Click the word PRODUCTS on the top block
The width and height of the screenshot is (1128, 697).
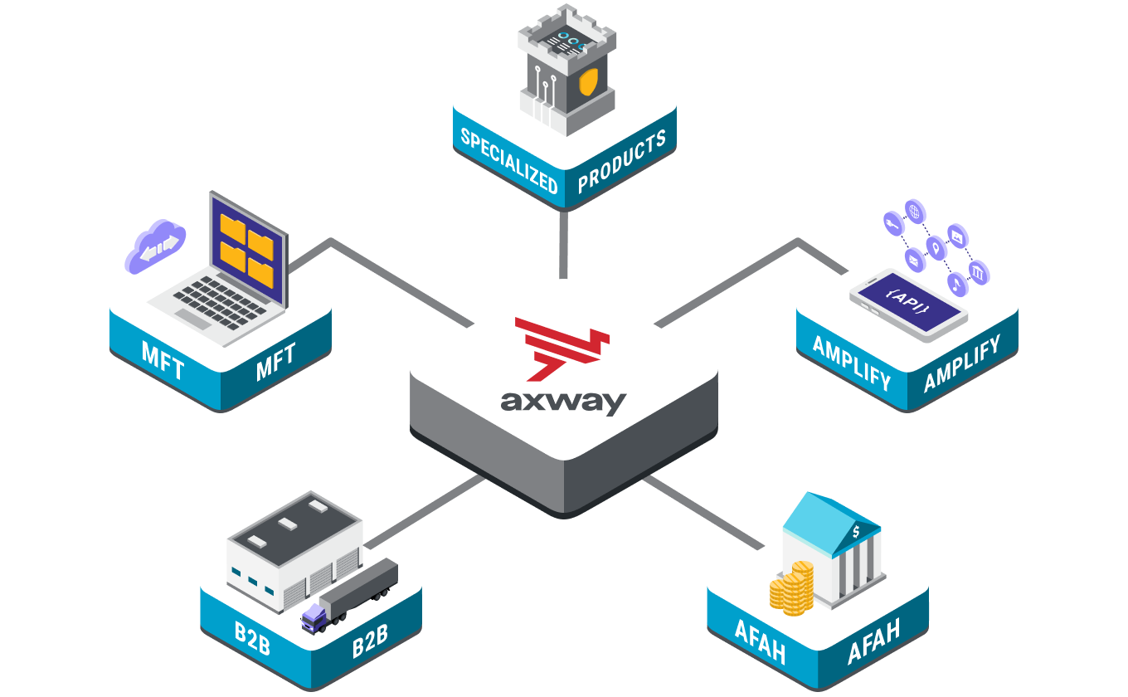pos(621,161)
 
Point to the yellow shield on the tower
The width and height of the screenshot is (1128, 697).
pos(587,82)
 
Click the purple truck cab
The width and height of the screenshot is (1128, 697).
pos(314,617)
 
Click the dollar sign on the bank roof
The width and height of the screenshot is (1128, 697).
pos(856,532)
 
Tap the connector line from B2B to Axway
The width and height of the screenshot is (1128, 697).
pos(427,511)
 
